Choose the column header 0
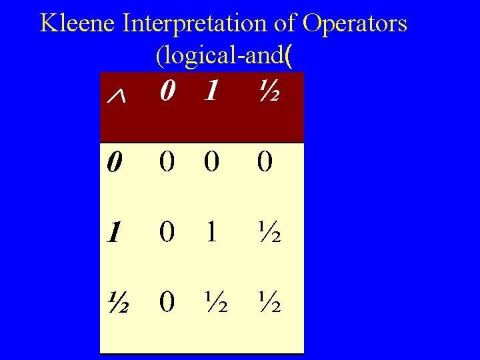pyautogui.click(x=168, y=93)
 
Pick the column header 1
pyautogui.click(x=210, y=93)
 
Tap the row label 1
pyautogui.click(x=115, y=233)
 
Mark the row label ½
pyautogui.click(x=117, y=302)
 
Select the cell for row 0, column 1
pyautogui.click(x=210, y=162)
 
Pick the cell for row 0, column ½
pyautogui.click(x=264, y=162)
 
